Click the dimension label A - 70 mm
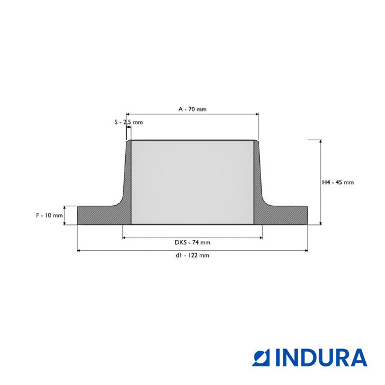click(x=192, y=109)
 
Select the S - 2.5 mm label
click(x=128, y=122)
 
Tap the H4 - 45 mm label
click(x=338, y=182)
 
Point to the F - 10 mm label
click(x=49, y=215)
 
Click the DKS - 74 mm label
click(x=192, y=242)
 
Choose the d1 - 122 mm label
click(x=192, y=255)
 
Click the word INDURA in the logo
click(x=321, y=358)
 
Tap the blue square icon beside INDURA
click(x=261, y=358)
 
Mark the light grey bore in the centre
click(x=192, y=182)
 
